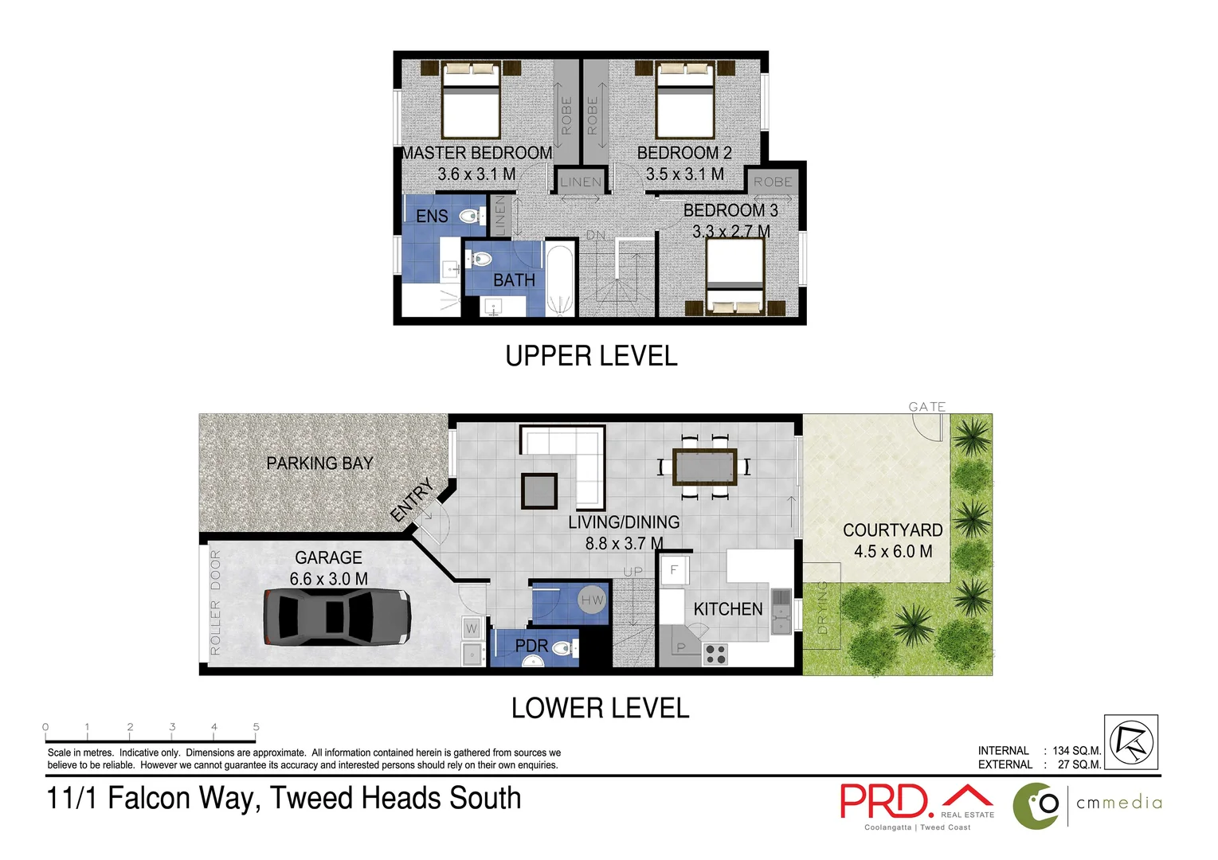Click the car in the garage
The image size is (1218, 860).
pos(337,617)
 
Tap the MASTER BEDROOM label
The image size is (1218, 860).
pos(476,153)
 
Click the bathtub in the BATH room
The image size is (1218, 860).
pos(559,279)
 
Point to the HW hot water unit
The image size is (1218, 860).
pos(592,600)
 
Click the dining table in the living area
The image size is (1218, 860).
pos(704,467)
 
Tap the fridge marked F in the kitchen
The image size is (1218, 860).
pos(674,570)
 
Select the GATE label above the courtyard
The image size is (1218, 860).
pos(926,407)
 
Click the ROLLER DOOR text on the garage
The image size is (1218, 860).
pos(215,602)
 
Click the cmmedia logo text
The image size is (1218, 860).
pos(1118,803)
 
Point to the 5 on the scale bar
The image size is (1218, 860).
pos(256,727)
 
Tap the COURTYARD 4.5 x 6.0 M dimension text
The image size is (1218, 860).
pos(892,551)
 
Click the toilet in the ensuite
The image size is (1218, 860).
pos(472,215)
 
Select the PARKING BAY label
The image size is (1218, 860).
pos(319,463)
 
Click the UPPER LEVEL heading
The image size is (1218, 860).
pos(591,356)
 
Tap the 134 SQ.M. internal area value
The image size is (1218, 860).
pos(1076,750)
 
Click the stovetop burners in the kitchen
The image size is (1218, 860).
pos(715,654)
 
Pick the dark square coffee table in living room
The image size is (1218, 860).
pos(539,491)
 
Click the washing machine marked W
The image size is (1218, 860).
pos(472,628)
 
